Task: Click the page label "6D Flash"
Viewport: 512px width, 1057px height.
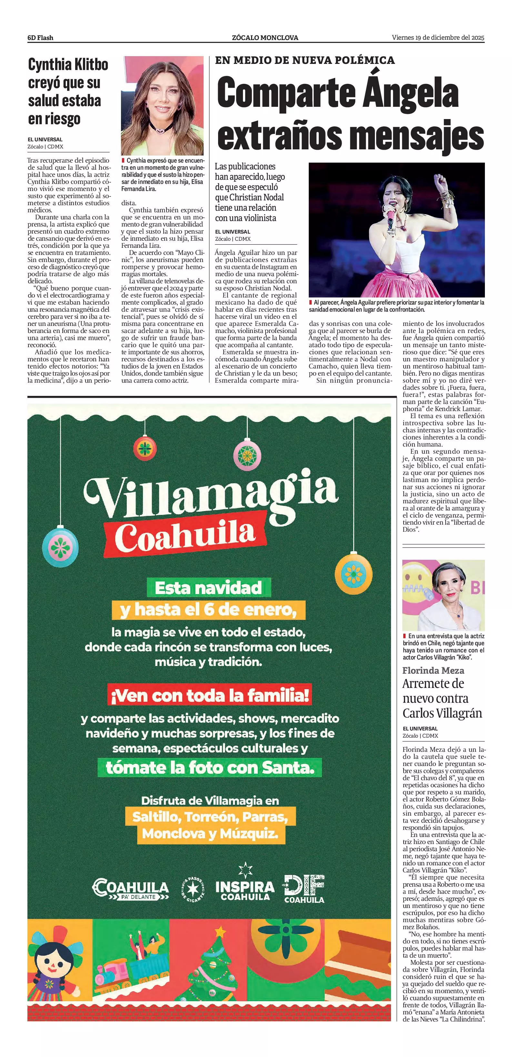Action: [x=40, y=38]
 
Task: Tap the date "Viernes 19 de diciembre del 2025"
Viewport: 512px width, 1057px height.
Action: [x=438, y=37]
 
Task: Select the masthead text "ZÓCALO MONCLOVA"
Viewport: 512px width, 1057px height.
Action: [x=265, y=38]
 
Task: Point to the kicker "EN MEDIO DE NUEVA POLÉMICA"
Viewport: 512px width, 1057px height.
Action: [x=305, y=60]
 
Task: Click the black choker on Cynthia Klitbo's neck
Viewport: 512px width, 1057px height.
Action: [x=160, y=128]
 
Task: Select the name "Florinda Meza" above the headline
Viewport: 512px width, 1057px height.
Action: [x=433, y=671]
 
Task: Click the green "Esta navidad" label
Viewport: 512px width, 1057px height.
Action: [x=209, y=588]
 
